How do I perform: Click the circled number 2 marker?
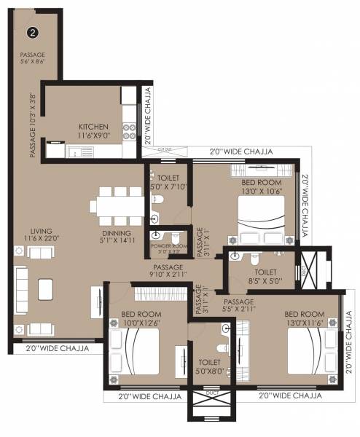click(x=32, y=32)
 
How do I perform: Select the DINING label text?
click(x=116, y=234)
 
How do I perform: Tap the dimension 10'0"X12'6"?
click(x=141, y=323)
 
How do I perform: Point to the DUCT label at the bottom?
click(x=212, y=393)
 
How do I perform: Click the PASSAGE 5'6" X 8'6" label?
click(x=33, y=59)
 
